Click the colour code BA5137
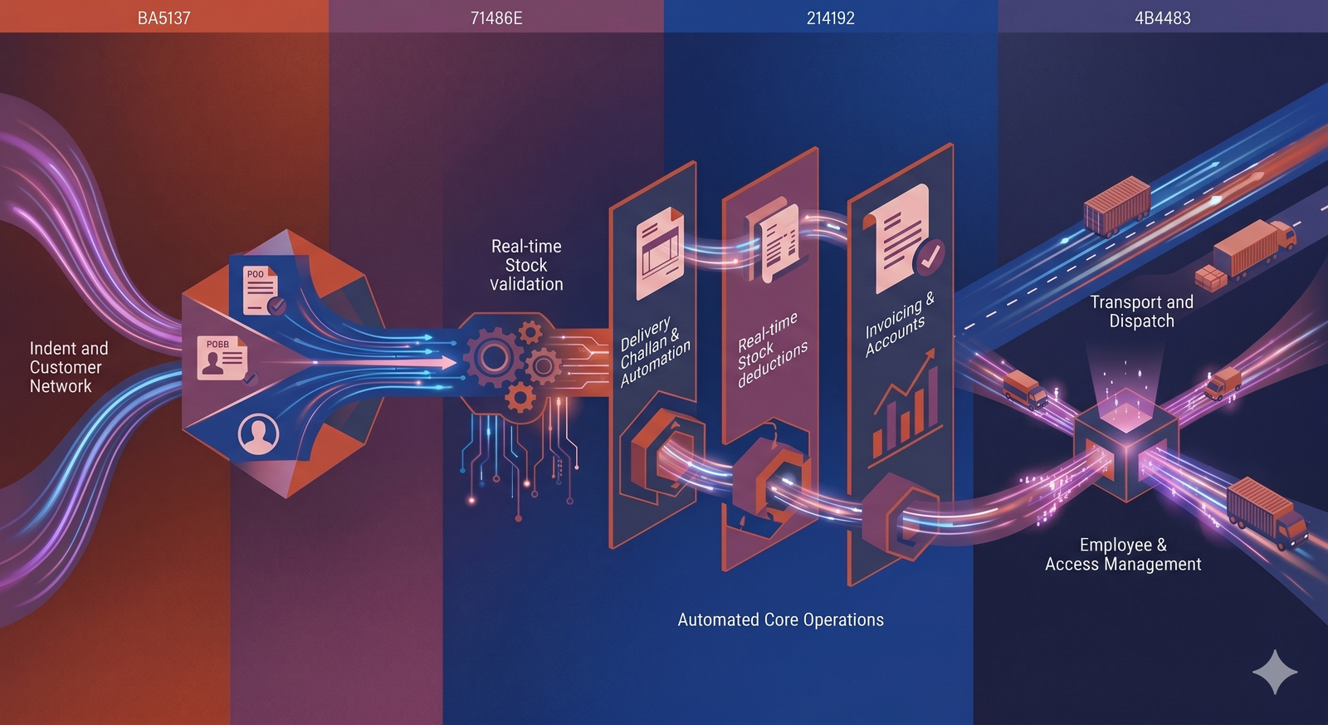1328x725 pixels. click(x=164, y=18)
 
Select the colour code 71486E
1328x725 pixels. click(x=496, y=18)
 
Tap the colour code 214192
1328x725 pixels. click(x=831, y=18)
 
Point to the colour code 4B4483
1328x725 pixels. click(x=1163, y=18)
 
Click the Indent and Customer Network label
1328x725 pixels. click(x=69, y=367)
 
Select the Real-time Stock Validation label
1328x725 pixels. click(x=526, y=265)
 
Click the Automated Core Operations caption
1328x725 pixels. click(x=780, y=620)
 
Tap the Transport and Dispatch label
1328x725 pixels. click(x=1142, y=311)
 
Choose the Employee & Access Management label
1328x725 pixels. click(x=1123, y=554)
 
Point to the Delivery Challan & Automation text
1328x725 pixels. click(x=653, y=352)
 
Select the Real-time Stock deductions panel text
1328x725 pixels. click(x=771, y=350)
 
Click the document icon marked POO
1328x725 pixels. click(x=261, y=291)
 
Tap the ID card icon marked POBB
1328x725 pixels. click(x=223, y=358)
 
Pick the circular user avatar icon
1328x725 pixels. click(x=258, y=434)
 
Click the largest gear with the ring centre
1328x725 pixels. click(x=493, y=358)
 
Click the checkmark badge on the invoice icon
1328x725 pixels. click(x=930, y=257)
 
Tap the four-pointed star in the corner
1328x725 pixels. click(x=1275, y=672)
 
